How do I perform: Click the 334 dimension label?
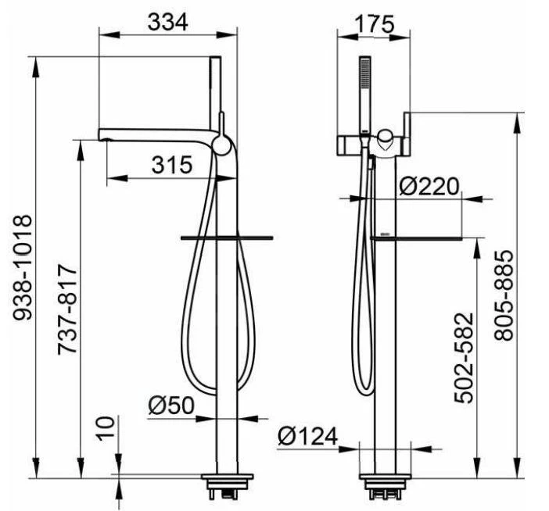pos(167,23)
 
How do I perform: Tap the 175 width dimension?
pos(375,24)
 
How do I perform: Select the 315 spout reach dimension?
pos(172,165)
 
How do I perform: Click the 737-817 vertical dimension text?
pos(67,310)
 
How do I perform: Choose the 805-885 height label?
pos(504,295)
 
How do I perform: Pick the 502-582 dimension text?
pos(464,358)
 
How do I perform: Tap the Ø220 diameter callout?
pos(429,187)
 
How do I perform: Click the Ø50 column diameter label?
pos(170,406)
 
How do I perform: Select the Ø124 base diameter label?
pos(308,436)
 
